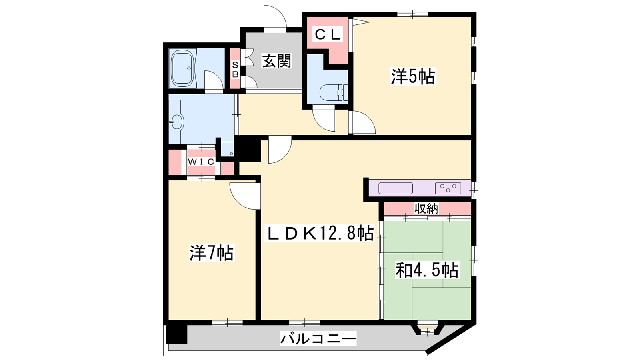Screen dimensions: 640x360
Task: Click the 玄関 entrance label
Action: click(276, 61)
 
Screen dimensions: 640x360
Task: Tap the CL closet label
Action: click(328, 34)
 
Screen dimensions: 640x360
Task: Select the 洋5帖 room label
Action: click(413, 76)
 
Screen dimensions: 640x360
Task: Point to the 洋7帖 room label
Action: click(212, 253)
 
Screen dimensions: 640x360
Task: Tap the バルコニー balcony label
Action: click(318, 339)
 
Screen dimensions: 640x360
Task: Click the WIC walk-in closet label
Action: click(201, 162)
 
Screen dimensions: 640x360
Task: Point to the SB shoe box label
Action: click(235, 70)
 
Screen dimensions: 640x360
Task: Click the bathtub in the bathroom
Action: click(182, 68)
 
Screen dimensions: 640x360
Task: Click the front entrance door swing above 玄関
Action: click(275, 18)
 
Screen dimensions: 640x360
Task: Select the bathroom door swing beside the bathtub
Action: click(214, 82)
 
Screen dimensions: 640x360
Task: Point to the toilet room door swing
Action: click(324, 120)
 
